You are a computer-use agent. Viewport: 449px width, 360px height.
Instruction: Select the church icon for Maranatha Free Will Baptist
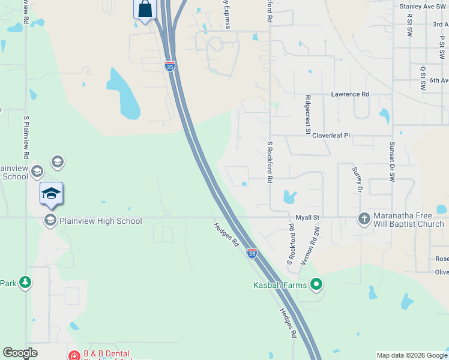pos(364,219)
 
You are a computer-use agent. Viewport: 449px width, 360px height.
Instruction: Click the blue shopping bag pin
pos(145,10)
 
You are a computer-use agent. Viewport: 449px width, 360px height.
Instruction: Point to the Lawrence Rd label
pos(350,94)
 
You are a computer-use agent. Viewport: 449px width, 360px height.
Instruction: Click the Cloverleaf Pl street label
pos(330,136)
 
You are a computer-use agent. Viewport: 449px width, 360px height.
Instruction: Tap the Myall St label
pos(309,217)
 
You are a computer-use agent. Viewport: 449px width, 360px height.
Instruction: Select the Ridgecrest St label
pos(307,116)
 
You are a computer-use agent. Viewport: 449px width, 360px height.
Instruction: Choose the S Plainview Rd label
pos(26,134)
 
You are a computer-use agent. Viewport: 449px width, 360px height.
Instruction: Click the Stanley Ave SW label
pos(424,6)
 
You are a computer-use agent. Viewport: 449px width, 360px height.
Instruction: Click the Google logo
pos(20,353)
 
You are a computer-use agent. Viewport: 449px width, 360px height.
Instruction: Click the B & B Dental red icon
pos(74,355)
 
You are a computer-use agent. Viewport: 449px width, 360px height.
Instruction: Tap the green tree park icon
pos(25,283)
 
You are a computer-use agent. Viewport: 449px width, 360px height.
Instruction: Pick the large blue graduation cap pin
pos(52,193)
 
